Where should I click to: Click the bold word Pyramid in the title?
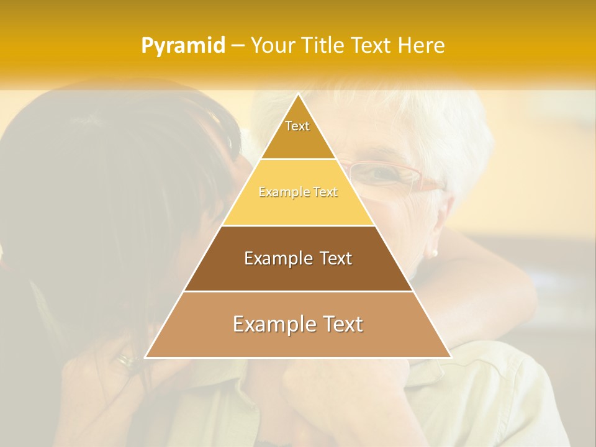183,46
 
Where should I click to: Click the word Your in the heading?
273,45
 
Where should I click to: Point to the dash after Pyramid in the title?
237,46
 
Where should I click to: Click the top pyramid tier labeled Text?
297,133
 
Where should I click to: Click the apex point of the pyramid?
298,94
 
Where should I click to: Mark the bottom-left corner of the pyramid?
146,357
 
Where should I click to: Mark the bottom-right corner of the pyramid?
450,357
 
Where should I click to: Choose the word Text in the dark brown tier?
330,258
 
